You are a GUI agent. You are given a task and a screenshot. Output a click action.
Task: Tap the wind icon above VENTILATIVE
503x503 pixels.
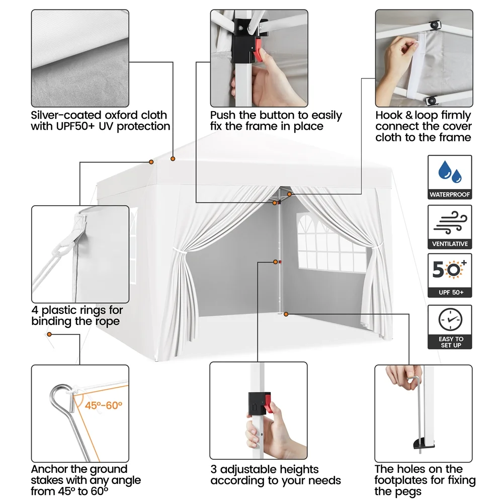[x=450, y=222]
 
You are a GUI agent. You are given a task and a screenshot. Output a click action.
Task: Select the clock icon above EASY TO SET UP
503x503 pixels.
[x=450, y=319]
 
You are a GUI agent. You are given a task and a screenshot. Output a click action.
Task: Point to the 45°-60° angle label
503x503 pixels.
[x=103, y=405]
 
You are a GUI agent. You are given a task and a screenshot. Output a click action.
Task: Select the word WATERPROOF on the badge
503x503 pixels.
[x=450, y=194]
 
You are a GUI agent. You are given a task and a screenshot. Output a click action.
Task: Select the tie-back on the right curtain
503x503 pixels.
[x=374, y=246]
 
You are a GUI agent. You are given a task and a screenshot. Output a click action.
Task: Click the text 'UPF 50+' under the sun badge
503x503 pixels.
[x=450, y=292]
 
